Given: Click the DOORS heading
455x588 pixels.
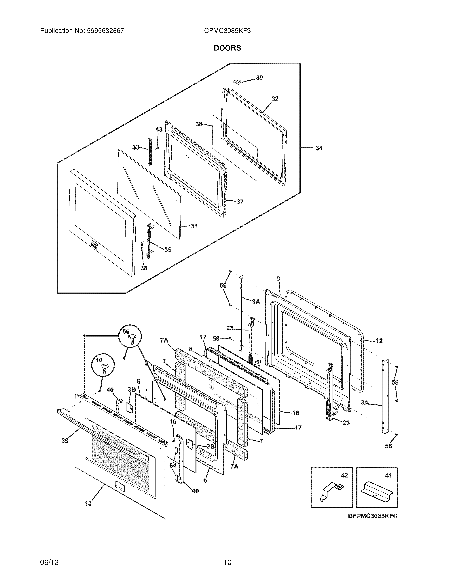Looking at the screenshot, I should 227,48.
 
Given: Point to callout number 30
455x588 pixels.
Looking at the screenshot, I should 259,78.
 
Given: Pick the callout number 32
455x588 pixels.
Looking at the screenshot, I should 275,99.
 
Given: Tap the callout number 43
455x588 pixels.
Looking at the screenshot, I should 159,129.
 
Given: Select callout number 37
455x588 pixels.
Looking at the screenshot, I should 240,202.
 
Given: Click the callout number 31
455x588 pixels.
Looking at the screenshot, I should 194,226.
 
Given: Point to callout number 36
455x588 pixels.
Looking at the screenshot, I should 144,268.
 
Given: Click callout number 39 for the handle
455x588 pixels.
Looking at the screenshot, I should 65,441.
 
